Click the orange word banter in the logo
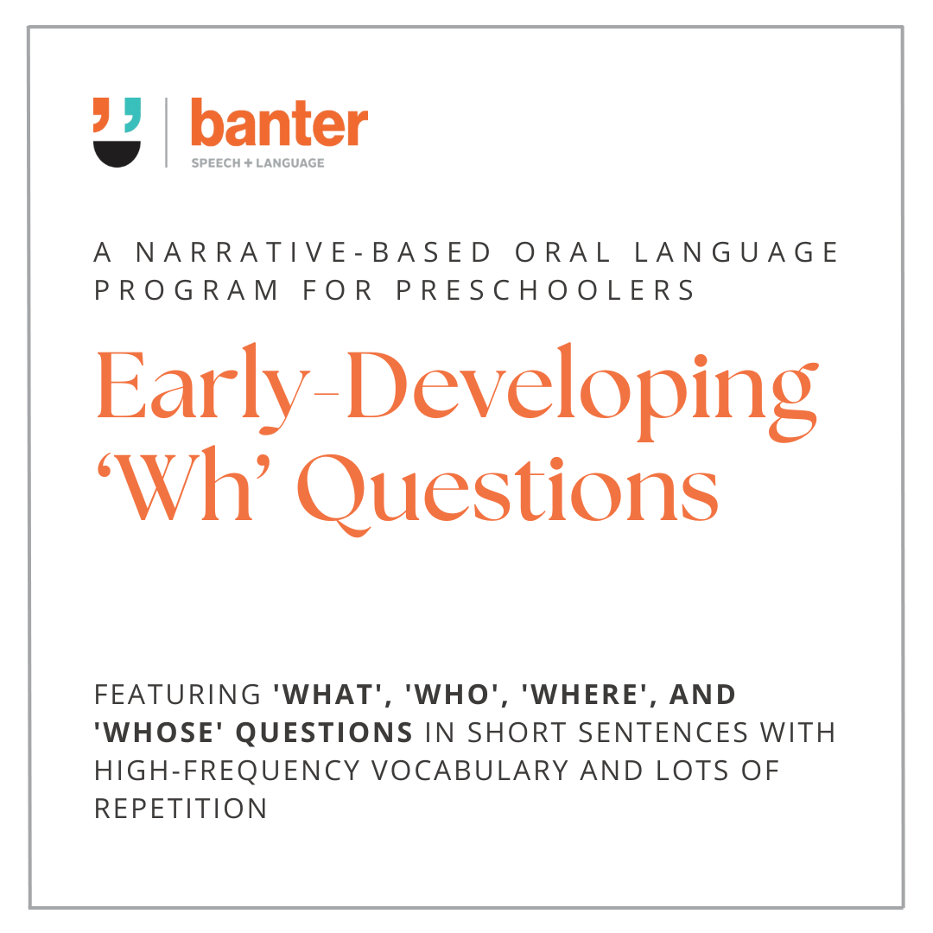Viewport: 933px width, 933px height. pos(279,124)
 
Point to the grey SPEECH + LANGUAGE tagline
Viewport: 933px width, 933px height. pos(258,162)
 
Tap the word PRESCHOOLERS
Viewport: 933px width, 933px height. pos(546,290)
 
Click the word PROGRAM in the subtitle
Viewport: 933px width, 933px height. pos(187,290)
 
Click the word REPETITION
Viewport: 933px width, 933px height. pos(181,809)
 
